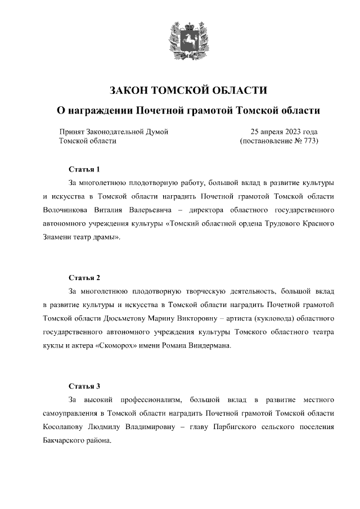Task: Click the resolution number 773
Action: (x=308, y=141)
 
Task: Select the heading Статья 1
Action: (x=84, y=169)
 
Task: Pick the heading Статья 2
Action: (x=84, y=278)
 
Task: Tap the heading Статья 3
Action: (x=84, y=386)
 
